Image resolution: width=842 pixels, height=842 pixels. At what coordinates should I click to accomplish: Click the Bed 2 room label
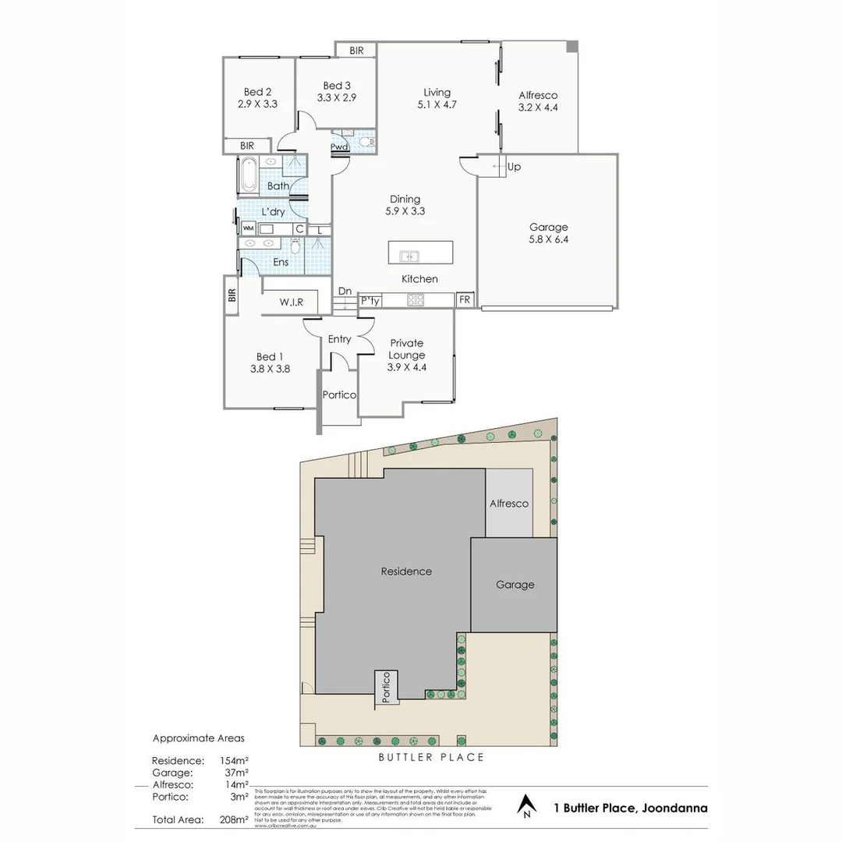tap(258, 97)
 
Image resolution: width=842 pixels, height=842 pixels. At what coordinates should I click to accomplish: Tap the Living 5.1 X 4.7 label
tap(434, 98)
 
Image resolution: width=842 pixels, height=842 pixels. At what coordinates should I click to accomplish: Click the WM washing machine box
tap(248, 228)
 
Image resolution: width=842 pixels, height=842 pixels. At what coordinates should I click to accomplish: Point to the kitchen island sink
tap(409, 256)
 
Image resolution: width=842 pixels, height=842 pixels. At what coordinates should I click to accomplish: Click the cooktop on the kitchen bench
tap(414, 299)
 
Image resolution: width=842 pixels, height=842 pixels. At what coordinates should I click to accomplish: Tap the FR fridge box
tap(465, 300)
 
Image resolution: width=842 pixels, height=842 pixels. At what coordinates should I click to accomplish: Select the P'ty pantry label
tap(370, 300)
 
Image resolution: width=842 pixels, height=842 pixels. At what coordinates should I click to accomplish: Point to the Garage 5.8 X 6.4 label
tap(549, 233)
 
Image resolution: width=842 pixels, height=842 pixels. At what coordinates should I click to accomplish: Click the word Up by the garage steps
tap(514, 167)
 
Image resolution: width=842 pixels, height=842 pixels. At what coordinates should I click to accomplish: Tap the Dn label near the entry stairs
tap(345, 292)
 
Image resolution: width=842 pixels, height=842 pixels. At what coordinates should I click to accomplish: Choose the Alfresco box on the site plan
tap(509, 503)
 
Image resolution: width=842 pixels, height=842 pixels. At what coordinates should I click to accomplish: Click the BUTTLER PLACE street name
tap(431, 757)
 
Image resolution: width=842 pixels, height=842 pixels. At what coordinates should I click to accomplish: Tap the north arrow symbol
tap(528, 805)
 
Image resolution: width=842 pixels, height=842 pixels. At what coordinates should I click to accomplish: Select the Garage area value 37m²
tap(235, 772)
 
